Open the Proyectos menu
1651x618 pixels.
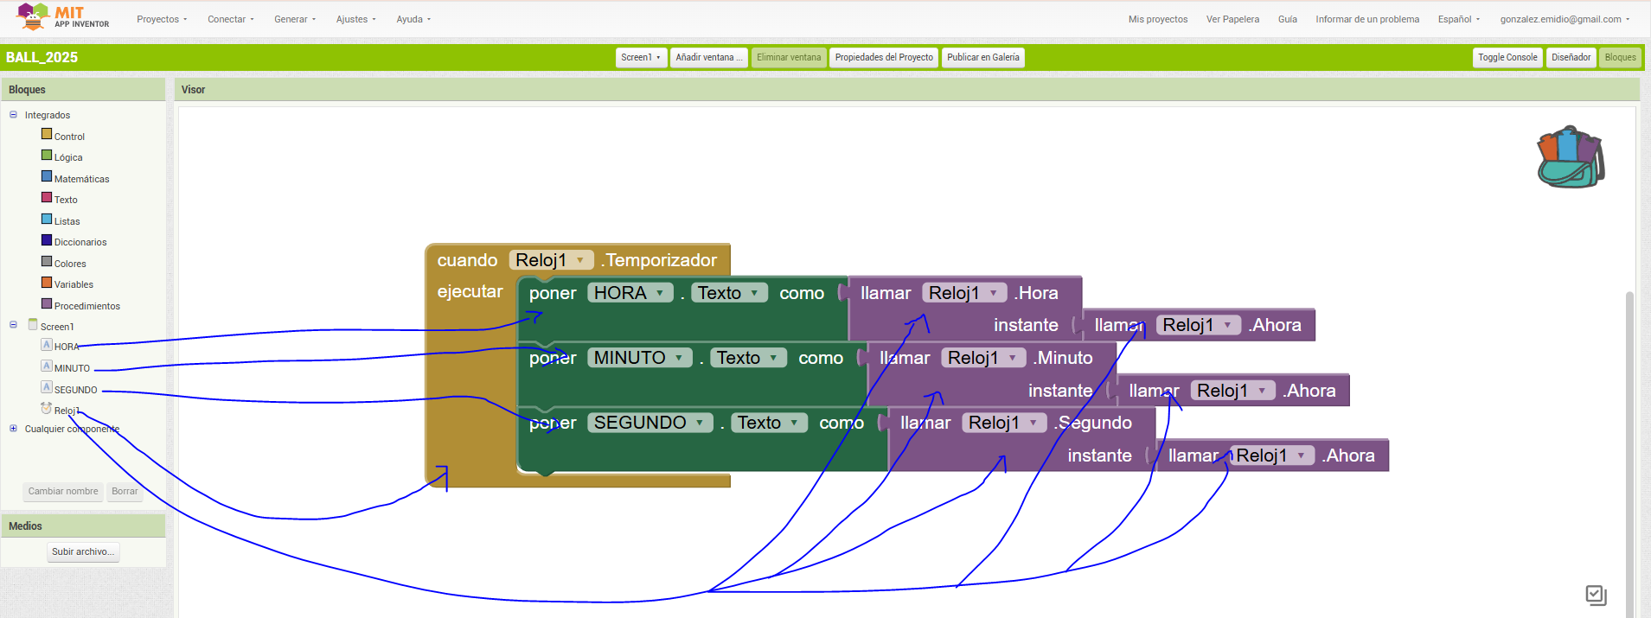(x=161, y=19)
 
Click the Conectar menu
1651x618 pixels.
(x=230, y=19)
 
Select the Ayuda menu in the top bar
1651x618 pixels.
(x=413, y=19)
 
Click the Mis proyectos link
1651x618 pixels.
(x=1157, y=19)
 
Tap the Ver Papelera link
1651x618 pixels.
(x=1232, y=19)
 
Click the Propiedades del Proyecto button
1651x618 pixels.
(x=883, y=57)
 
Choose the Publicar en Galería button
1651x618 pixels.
(x=982, y=57)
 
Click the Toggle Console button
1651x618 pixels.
(x=1507, y=57)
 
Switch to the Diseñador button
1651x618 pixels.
(x=1571, y=57)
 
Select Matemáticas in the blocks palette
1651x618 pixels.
(x=81, y=179)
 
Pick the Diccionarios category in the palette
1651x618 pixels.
(x=80, y=242)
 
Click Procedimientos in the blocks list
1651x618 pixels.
(x=86, y=306)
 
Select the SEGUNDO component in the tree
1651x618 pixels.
(x=75, y=390)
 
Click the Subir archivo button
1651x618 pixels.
(x=83, y=551)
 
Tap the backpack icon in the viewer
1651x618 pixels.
(x=1570, y=157)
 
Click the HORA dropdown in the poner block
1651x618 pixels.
(x=630, y=293)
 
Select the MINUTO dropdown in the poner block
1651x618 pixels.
(x=639, y=358)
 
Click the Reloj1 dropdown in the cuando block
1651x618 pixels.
(x=550, y=260)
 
